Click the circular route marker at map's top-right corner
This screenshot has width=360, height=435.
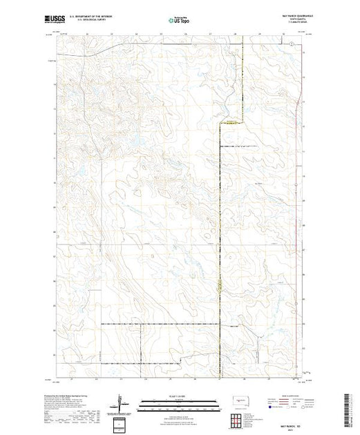point(292,43)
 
